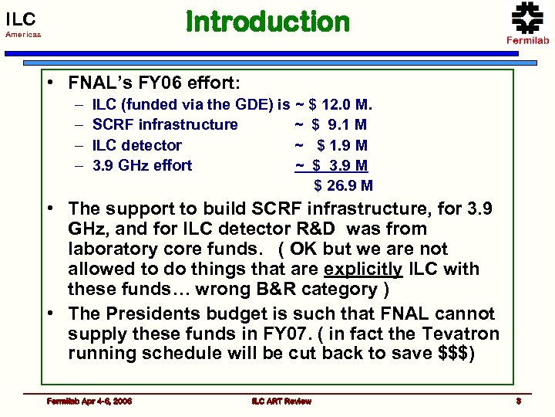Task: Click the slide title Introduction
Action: (x=267, y=22)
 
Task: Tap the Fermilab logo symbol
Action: (x=527, y=17)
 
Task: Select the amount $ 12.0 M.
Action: (x=340, y=104)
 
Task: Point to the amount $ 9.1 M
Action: (x=339, y=124)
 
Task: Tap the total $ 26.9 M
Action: (x=343, y=185)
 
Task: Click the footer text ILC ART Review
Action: (x=281, y=401)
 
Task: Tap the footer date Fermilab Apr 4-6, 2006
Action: (x=89, y=401)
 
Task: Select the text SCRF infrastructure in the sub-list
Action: (x=165, y=124)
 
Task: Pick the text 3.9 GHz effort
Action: (x=142, y=165)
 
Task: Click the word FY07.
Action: (x=296, y=334)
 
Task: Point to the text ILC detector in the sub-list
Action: (x=136, y=145)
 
